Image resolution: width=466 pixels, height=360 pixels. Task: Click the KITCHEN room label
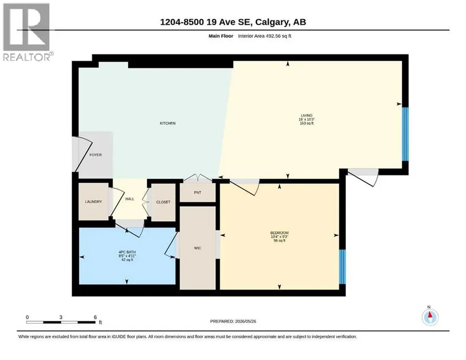pos(168,123)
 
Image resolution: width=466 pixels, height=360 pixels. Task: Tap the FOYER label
pos(95,155)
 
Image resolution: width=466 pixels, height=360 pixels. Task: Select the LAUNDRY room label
pos(93,202)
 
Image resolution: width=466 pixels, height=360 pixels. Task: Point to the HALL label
pos(130,199)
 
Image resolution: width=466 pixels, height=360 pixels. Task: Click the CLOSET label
pos(163,202)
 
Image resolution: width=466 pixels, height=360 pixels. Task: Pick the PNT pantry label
pos(198,192)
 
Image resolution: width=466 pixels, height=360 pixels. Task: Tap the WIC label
pos(198,248)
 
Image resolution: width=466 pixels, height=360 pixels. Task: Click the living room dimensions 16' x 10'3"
pos(307,119)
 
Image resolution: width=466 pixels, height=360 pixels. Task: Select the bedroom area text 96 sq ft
pos(280,241)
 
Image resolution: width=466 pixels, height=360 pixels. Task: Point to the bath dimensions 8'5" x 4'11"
pos(127,256)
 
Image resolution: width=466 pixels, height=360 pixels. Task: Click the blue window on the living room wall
pos(405,134)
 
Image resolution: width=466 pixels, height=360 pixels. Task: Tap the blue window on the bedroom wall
pos(342,267)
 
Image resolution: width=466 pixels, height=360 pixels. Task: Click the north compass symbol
pos(430,317)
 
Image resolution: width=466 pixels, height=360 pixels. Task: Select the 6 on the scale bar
pos(95,317)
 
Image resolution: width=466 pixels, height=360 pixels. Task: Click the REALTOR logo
pos(28,32)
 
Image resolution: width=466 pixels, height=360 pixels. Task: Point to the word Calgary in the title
pos(272,22)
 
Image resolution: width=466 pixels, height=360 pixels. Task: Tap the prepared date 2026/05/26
pos(246,321)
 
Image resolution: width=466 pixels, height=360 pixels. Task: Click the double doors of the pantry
pos(198,178)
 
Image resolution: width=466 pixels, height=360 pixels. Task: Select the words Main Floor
pos(221,36)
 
